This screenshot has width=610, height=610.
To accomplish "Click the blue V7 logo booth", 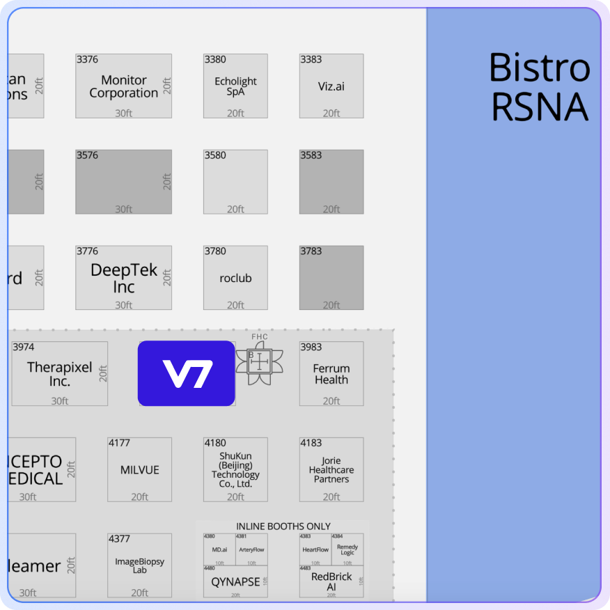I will (x=186, y=373).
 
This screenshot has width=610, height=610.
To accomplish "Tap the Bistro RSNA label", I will (x=539, y=87).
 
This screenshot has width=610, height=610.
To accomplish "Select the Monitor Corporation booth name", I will (x=124, y=86).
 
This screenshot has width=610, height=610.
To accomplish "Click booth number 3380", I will (x=215, y=60).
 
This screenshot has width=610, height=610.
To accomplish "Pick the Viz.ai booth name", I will (x=331, y=86).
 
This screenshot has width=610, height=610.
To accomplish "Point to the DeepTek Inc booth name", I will (x=124, y=278).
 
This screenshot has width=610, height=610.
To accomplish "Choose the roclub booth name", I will (x=235, y=278).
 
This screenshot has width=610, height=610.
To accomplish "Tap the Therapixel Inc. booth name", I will (x=60, y=374).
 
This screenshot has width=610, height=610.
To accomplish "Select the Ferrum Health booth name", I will (x=331, y=374).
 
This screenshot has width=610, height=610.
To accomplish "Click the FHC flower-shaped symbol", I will (x=259, y=361).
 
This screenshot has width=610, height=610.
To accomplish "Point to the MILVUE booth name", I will (x=140, y=470).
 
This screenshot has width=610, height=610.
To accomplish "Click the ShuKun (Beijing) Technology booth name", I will (x=235, y=470).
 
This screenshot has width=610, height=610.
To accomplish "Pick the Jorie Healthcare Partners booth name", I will (x=331, y=470).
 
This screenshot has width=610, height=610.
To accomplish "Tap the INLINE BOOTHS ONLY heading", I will (x=283, y=526).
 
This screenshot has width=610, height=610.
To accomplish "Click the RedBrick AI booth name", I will (x=331, y=581).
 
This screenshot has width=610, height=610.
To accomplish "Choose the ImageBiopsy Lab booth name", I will (x=140, y=565).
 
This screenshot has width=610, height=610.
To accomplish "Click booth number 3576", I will (x=87, y=156).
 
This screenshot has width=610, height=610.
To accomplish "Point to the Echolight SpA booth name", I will (x=235, y=86).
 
